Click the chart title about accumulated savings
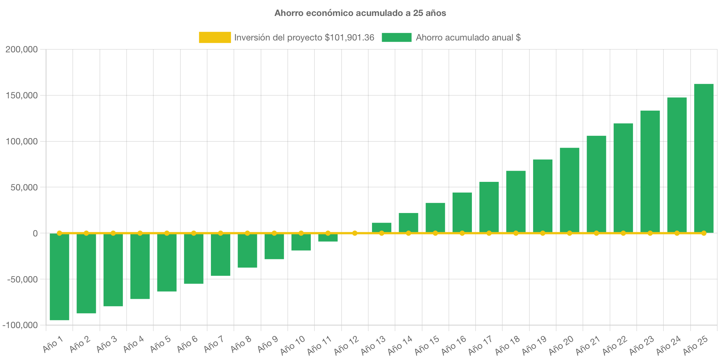click(x=360, y=13)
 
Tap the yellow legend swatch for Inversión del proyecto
click(x=215, y=37)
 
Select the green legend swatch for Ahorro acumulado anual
click(x=397, y=37)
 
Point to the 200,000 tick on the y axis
click(x=22, y=49)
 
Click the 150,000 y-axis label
click(x=22, y=95)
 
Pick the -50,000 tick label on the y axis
click(x=22, y=279)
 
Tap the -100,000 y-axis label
click(x=20, y=325)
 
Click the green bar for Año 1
click(x=59, y=277)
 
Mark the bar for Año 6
click(x=193, y=259)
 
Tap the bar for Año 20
click(x=570, y=190)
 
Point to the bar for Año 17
click(x=489, y=207)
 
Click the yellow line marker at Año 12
click(x=355, y=233)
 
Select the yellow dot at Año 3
click(x=113, y=233)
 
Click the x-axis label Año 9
click(x=268, y=344)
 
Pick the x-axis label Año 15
click(x=427, y=345)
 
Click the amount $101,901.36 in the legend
click(x=349, y=37)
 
